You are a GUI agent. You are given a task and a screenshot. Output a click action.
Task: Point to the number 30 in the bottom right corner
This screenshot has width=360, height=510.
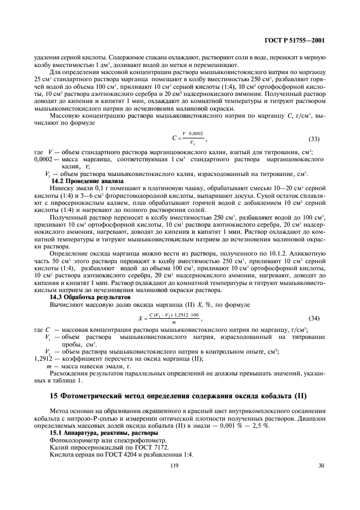[321, 465]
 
